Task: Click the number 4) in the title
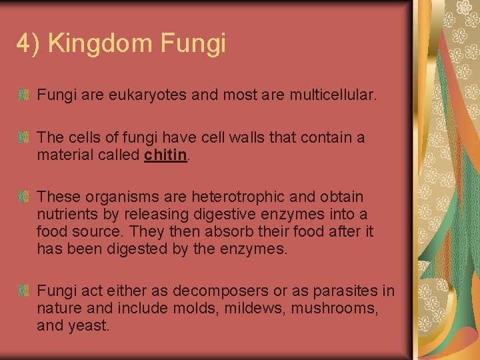click(29, 43)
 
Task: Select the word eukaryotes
click(147, 96)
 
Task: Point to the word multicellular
click(333, 96)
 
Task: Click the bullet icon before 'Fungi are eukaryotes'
click(23, 96)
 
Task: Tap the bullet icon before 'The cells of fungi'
click(23, 137)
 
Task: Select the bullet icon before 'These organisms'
click(23, 197)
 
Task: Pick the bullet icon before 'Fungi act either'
click(23, 291)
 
